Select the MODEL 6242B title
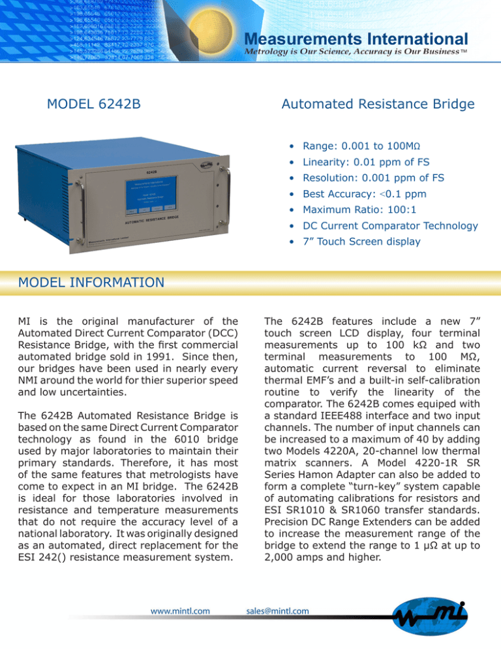click(x=95, y=104)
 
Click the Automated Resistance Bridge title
click(x=378, y=104)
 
